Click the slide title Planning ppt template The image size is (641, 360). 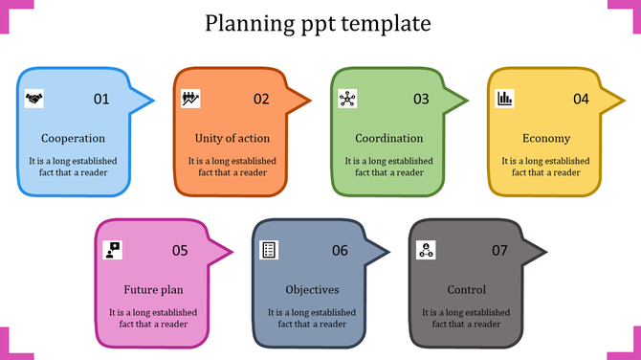point(319,23)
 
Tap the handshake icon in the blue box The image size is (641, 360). point(33,98)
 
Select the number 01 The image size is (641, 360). point(101,99)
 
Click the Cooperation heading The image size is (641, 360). point(74,139)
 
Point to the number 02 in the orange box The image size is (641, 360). point(261,99)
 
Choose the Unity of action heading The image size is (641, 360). point(232,139)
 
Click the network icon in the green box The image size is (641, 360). point(347,98)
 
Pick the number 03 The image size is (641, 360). point(421,99)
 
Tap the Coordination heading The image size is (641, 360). point(388,139)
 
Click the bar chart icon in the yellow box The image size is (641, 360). point(504,98)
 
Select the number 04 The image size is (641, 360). point(581,99)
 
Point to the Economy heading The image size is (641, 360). point(546,139)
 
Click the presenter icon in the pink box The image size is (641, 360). point(113,250)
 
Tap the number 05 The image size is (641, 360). point(180,251)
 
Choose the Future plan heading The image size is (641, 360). point(153,290)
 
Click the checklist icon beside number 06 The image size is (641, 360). point(270,250)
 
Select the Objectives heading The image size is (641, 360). point(312,290)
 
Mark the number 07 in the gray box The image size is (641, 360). point(499,251)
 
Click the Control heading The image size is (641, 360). point(467,290)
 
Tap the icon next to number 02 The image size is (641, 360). point(190,98)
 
